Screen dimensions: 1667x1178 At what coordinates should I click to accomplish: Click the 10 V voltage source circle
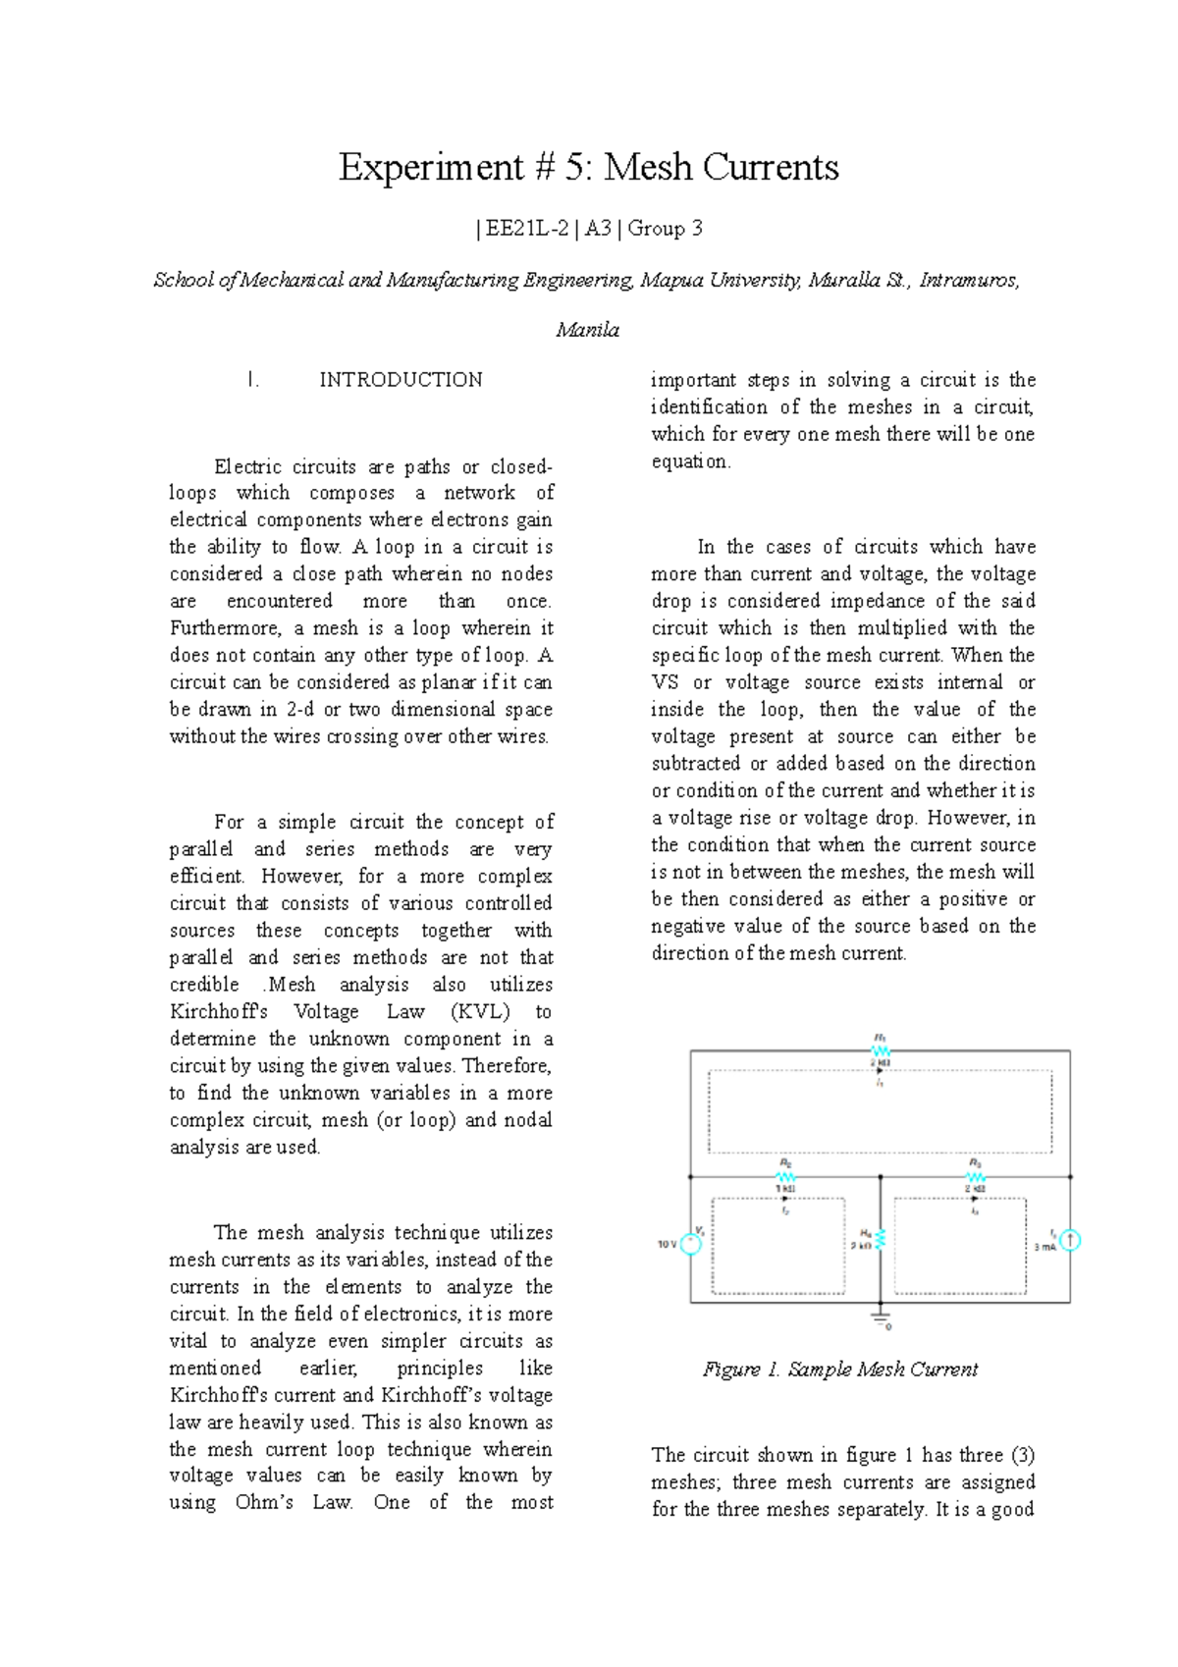(691, 1244)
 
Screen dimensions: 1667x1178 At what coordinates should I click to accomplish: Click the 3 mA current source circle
(1070, 1241)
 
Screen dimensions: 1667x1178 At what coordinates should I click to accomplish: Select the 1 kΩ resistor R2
(785, 1176)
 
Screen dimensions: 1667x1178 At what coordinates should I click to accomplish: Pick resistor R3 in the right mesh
(975, 1176)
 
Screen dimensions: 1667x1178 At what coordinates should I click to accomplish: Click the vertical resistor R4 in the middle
(881, 1239)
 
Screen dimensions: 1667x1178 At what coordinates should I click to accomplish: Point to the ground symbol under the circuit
(881, 1316)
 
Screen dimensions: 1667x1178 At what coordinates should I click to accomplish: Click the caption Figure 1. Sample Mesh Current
(840, 1370)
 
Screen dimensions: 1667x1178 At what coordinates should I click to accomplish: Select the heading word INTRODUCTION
(401, 380)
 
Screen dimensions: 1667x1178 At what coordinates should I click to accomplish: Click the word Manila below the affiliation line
(587, 330)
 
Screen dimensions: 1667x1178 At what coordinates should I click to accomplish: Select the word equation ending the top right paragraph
(689, 461)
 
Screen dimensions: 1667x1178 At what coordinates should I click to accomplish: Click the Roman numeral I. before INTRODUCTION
(253, 380)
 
